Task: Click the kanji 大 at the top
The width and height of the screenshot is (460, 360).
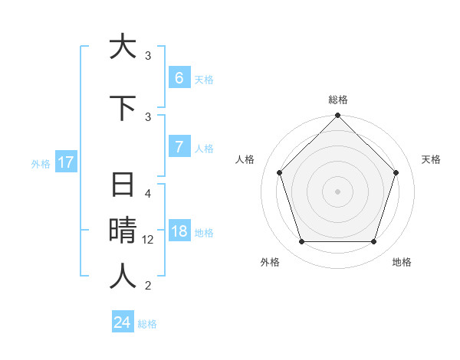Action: pyautogui.click(x=123, y=47)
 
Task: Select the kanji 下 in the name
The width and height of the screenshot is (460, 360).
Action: pyautogui.click(x=123, y=108)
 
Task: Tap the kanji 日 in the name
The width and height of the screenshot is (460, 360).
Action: pyautogui.click(x=123, y=185)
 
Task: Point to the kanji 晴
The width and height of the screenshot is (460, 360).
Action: pyautogui.click(x=123, y=231)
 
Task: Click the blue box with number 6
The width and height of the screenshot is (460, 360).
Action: pyautogui.click(x=179, y=78)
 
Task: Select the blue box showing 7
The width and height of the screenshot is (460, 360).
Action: pyautogui.click(x=179, y=147)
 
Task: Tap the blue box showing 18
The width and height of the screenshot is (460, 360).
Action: pyautogui.click(x=179, y=232)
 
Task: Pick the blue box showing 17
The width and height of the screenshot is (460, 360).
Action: pyautogui.click(x=65, y=162)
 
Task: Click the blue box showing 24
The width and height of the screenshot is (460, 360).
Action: pyautogui.click(x=123, y=322)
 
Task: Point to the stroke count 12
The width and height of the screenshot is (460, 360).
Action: pyautogui.click(x=149, y=240)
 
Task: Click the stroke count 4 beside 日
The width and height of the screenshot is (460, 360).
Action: pyautogui.click(x=149, y=194)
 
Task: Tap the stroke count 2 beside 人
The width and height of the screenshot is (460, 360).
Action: pyautogui.click(x=149, y=286)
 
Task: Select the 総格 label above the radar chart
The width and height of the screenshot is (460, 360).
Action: pyautogui.click(x=338, y=100)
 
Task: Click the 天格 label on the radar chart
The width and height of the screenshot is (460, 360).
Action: pyautogui.click(x=431, y=159)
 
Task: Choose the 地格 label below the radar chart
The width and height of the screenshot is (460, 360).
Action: pyautogui.click(x=402, y=262)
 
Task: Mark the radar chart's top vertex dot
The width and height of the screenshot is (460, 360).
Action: pyautogui.click(x=338, y=116)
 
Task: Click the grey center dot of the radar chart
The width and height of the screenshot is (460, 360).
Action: pyautogui.click(x=338, y=191)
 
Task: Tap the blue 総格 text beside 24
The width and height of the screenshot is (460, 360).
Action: pyautogui.click(x=148, y=324)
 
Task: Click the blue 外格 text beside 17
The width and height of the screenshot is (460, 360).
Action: pyautogui.click(x=41, y=163)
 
